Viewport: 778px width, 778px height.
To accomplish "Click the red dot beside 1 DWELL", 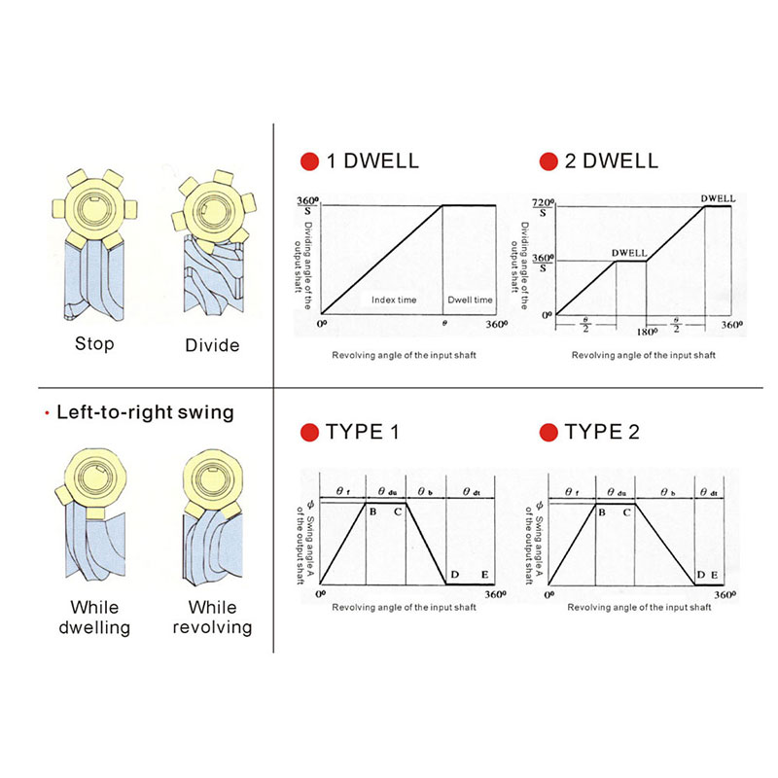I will pyautogui.click(x=309, y=160).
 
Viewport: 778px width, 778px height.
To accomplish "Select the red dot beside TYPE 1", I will pyautogui.click(x=309, y=433).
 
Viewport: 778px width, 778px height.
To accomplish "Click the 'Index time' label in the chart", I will pyautogui.click(x=394, y=300).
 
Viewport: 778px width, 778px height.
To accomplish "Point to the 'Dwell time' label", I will pyautogui.click(x=470, y=300).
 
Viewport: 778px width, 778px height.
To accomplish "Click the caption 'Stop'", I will pyautogui.click(x=94, y=344).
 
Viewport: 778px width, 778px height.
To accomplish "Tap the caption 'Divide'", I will pyautogui.click(x=212, y=345).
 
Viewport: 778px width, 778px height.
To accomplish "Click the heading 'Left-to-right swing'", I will pyautogui.click(x=145, y=412).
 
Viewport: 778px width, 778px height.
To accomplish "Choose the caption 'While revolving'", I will pyautogui.click(x=212, y=619).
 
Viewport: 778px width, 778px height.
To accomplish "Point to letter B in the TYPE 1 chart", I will pyautogui.click(x=372, y=512).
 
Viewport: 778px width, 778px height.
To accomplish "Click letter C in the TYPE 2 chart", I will pyautogui.click(x=627, y=512).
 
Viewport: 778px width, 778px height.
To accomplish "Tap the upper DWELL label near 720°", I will pyautogui.click(x=718, y=197).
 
